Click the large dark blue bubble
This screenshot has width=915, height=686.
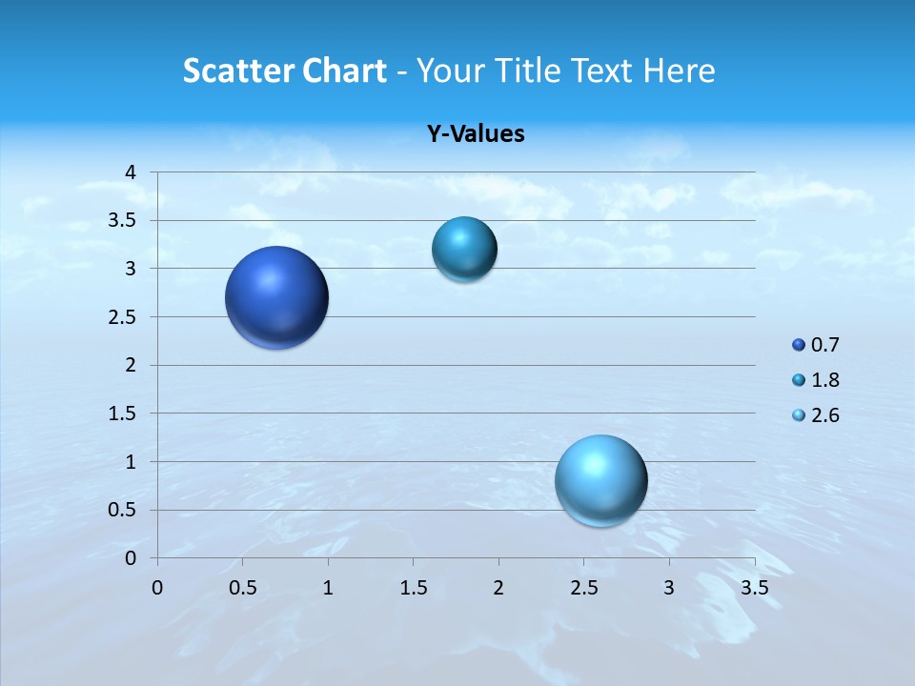pyautogui.click(x=277, y=297)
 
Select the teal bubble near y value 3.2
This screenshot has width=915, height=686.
pyautogui.click(x=464, y=250)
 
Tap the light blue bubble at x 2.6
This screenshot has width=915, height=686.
pyautogui.click(x=601, y=480)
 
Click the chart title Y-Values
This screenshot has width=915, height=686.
pyautogui.click(x=476, y=134)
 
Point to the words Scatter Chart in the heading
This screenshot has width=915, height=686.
pyautogui.click(x=284, y=71)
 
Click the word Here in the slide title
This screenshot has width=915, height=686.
pyautogui.click(x=679, y=71)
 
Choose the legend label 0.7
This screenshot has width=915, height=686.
pyautogui.click(x=825, y=345)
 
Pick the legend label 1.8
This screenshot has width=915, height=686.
pyautogui.click(x=825, y=380)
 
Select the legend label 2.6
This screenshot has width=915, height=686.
pyautogui.click(x=825, y=415)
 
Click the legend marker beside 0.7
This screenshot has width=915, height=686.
pyautogui.click(x=799, y=345)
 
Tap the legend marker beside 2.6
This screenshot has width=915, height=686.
pyautogui.click(x=799, y=415)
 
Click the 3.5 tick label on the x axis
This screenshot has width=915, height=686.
pyautogui.click(x=755, y=588)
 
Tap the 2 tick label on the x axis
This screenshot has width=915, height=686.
pyautogui.click(x=498, y=588)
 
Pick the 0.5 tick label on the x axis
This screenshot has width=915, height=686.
pyautogui.click(x=242, y=588)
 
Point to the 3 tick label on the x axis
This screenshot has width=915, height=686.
pyautogui.click(x=669, y=588)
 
